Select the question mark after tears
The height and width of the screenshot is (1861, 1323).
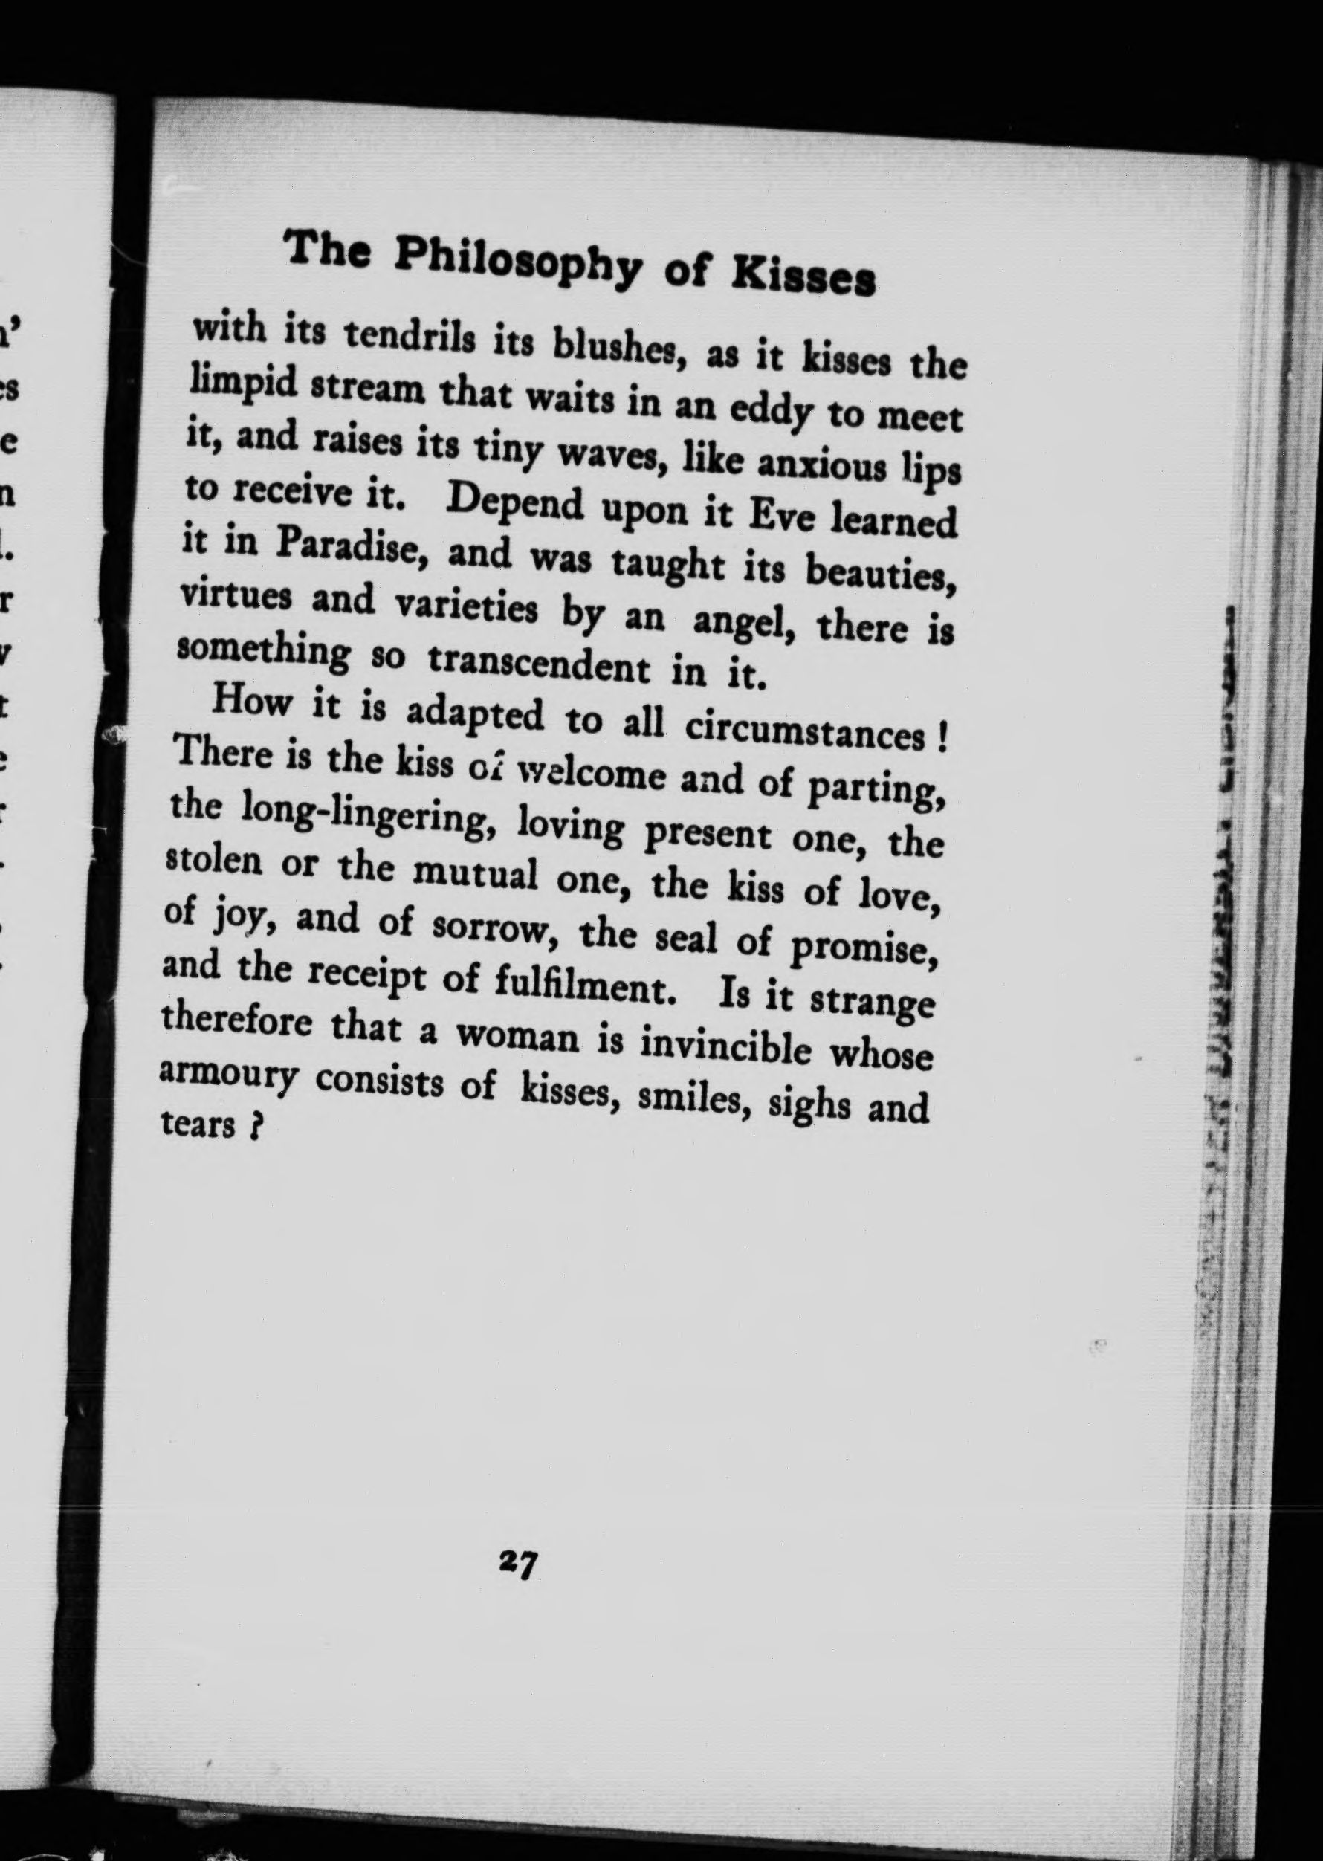tap(255, 1128)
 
